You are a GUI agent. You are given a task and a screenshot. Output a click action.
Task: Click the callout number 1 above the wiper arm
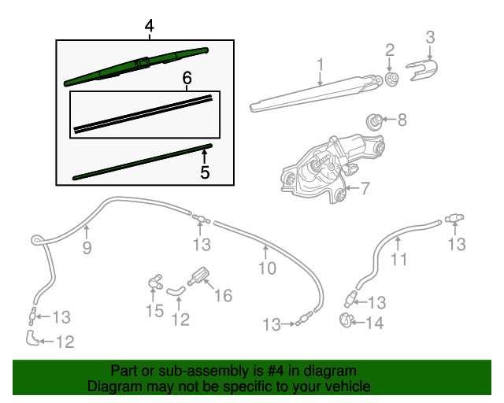(321, 63)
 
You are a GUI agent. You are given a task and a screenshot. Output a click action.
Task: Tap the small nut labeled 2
(390, 79)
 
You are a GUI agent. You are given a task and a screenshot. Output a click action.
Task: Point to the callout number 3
(430, 36)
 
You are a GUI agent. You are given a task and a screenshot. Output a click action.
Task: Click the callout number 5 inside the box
(205, 171)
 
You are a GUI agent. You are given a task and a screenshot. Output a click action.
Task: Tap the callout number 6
(187, 78)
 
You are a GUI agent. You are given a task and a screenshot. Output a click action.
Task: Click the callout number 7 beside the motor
(365, 188)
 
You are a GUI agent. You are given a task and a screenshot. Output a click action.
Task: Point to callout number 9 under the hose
(87, 248)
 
